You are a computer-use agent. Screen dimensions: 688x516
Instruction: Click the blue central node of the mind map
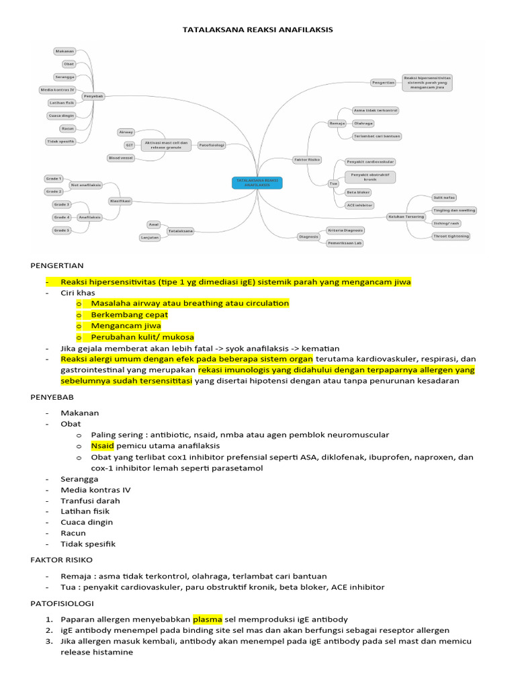click(257, 183)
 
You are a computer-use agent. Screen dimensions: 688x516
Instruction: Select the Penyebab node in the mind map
click(93, 96)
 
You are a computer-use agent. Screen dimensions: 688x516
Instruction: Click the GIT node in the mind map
click(129, 145)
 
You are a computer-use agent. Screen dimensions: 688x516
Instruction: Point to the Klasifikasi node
click(120, 200)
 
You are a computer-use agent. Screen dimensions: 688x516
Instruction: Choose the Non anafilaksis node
click(85, 185)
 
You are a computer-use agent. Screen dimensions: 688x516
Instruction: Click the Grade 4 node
click(62, 217)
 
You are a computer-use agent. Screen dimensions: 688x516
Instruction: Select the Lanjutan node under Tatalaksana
click(149, 237)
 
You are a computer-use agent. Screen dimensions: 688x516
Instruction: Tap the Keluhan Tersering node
click(406, 216)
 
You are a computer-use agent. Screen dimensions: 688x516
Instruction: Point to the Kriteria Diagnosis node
click(345, 230)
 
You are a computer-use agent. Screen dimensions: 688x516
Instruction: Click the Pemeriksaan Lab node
click(345, 243)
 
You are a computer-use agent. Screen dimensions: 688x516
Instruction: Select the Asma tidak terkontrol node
click(376, 110)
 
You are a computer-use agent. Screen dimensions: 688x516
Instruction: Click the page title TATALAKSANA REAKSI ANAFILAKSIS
click(258, 30)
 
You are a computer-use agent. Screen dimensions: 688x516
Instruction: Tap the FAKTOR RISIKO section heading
click(62, 559)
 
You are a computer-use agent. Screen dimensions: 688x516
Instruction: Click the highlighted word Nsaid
click(103, 445)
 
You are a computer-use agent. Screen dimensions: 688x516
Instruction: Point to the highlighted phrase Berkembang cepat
click(130, 314)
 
